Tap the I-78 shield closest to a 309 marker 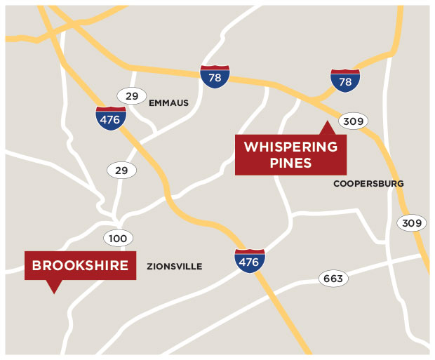[x=345, y=81]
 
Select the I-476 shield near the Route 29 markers [x=111, y=118]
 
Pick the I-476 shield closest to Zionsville [x=250, y=260]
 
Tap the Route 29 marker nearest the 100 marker [x=121, y=169]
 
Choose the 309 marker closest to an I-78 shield [x=353, y=121]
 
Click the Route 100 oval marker [x=118, y=239]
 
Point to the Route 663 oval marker [x=333, y=279]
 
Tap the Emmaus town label [x=168, y=102]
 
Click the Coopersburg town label [x=368, y=184]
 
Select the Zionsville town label [x=175, y=267]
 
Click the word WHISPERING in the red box [x=290, y=147]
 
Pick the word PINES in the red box [x=290, y=164]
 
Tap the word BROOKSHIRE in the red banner [x=80, y=265]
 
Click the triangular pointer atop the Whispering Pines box [x=326, y=128]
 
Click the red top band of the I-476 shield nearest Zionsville [x=250, y=251]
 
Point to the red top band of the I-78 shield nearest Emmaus [x=215, y=68]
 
